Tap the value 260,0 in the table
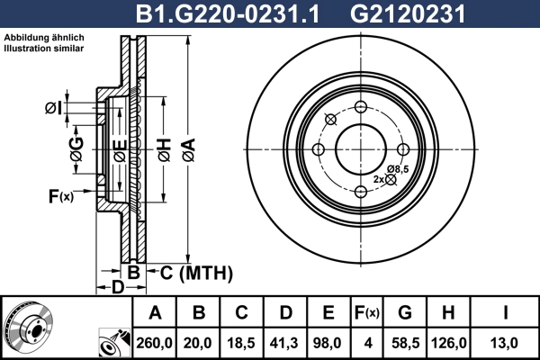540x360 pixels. coord(156,342)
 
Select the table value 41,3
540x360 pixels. coord(285,342)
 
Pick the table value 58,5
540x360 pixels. coord(405,342)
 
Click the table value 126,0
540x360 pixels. coord(450,342)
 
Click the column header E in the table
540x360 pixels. coord(328,313)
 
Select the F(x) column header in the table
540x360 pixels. coord(367,313)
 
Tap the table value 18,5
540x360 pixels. coord(242,342)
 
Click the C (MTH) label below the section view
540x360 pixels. coord(190,272)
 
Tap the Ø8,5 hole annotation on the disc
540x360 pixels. coord(398,169)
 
